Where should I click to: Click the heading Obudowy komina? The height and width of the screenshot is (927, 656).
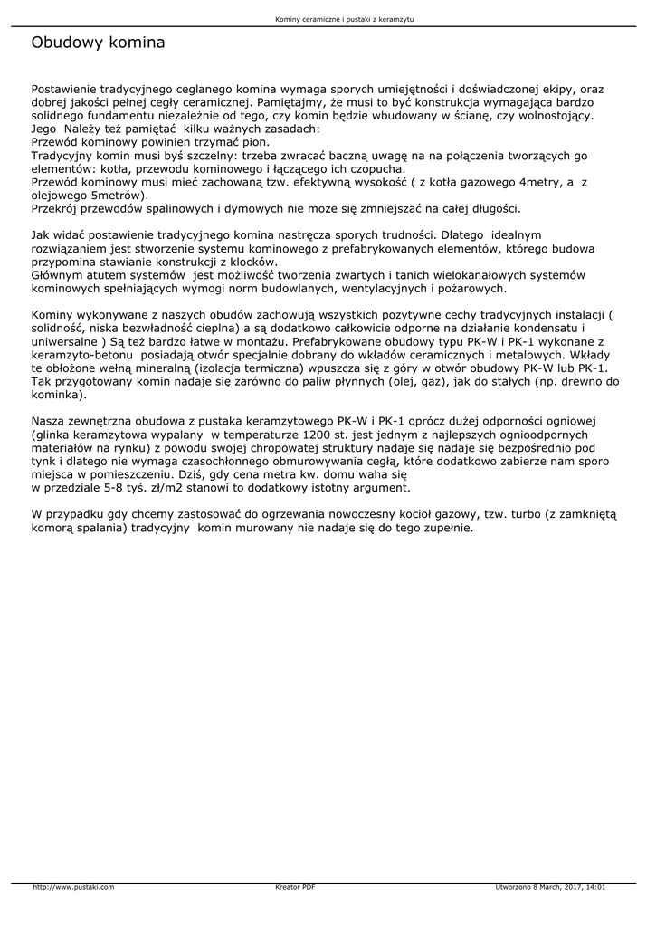[98, 43]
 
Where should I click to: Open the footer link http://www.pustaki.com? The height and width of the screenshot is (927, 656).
[73, 887]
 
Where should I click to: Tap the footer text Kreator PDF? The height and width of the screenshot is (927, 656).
[295, 887]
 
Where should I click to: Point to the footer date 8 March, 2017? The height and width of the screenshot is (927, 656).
[553, 887]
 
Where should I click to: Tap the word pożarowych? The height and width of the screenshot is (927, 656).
[471, 289]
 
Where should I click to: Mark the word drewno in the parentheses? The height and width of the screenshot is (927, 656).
[578, 382]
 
